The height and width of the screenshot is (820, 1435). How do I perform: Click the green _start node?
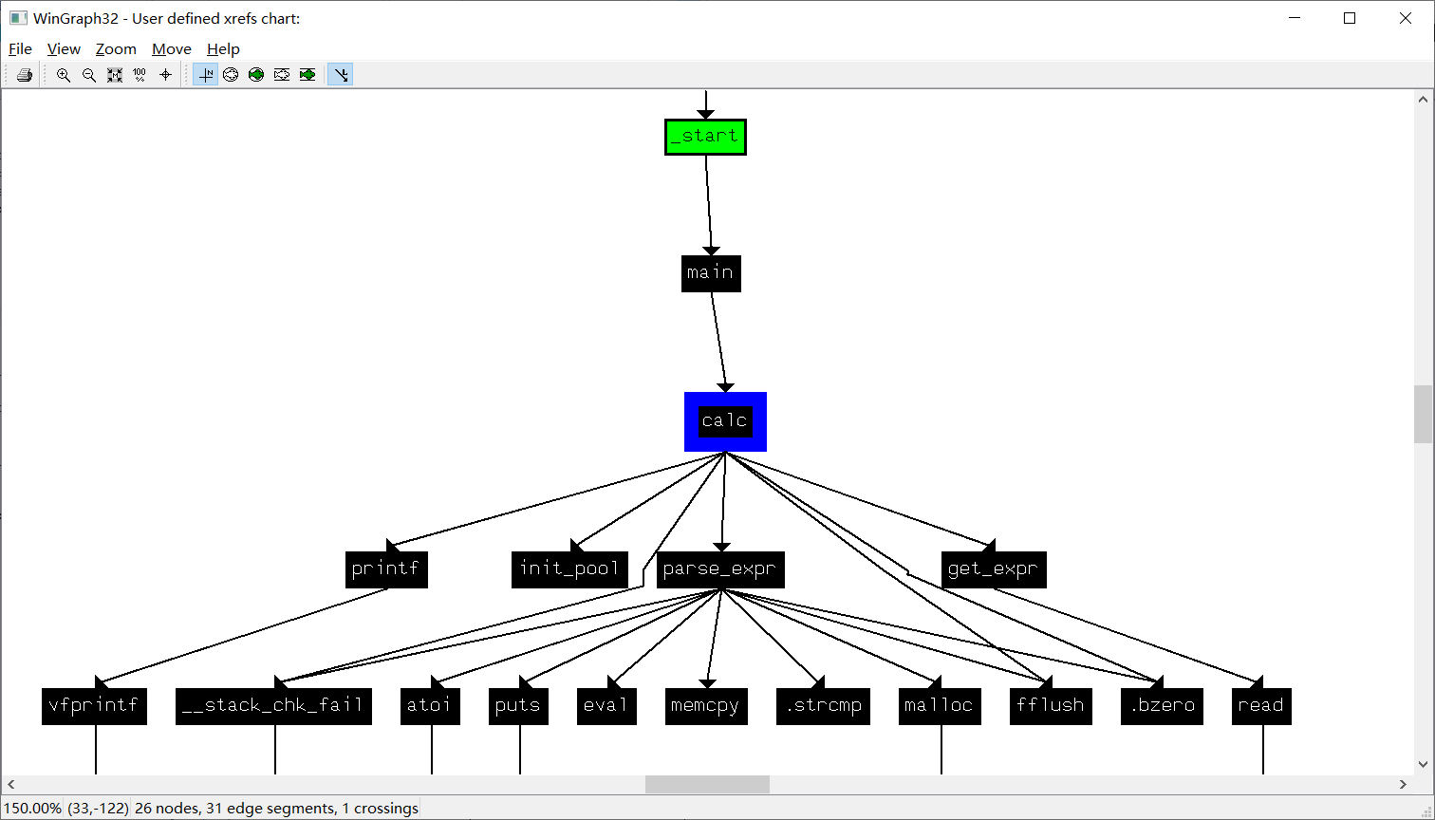[x=705, y=137]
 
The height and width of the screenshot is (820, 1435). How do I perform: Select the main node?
[x=711, y=273]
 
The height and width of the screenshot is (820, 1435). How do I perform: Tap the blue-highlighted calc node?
[x=725, y=421]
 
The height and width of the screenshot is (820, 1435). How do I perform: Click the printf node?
[x=386, y=569]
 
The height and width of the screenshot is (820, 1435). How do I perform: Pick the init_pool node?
[x=569, y=569]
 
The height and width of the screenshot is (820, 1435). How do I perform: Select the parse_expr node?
[x=720, y=569]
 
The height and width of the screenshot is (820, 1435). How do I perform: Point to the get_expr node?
[x=994, y=569]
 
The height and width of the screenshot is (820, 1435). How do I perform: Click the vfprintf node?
[x=94, y=706]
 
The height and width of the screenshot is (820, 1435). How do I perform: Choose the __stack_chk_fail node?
[x=273, y=706]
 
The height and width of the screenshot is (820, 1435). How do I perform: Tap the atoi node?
[x=430, y=706]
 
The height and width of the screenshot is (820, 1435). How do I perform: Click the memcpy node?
[x=706, y=706]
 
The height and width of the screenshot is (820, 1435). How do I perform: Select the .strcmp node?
[x=823, y=706]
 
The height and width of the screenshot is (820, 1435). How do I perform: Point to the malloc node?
[x=940, y=706]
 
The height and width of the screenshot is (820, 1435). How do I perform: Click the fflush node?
[x=1051, y=706]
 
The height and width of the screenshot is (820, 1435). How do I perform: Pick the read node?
[x=1261, y=706]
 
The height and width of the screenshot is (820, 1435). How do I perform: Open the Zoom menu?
[x=116, y=49]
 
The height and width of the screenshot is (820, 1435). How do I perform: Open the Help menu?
[x=223, y=49]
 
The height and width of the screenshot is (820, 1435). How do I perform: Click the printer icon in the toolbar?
[x=25, y=75]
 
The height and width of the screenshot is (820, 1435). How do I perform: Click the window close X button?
[x=1405, y=18]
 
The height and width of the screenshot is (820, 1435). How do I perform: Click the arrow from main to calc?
[x=718, y=342]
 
